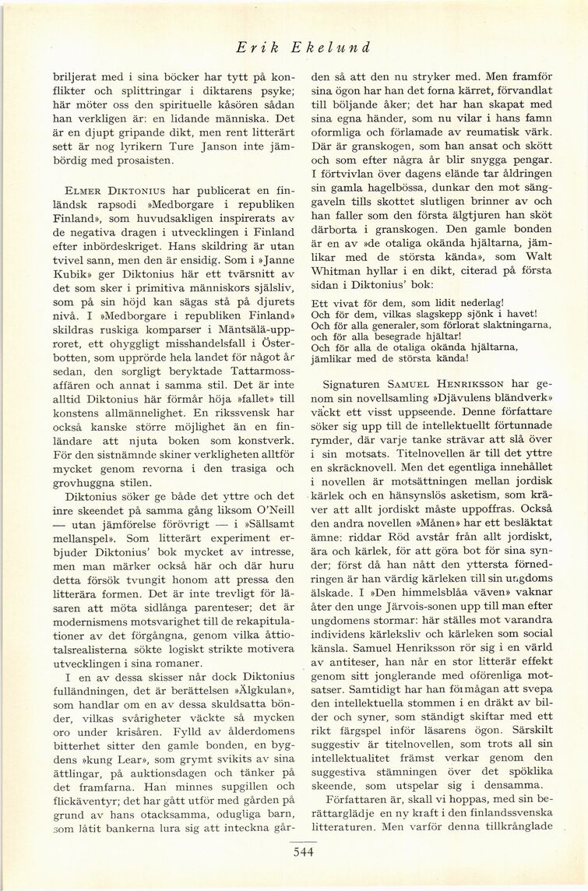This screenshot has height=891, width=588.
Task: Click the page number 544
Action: (293, 852)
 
